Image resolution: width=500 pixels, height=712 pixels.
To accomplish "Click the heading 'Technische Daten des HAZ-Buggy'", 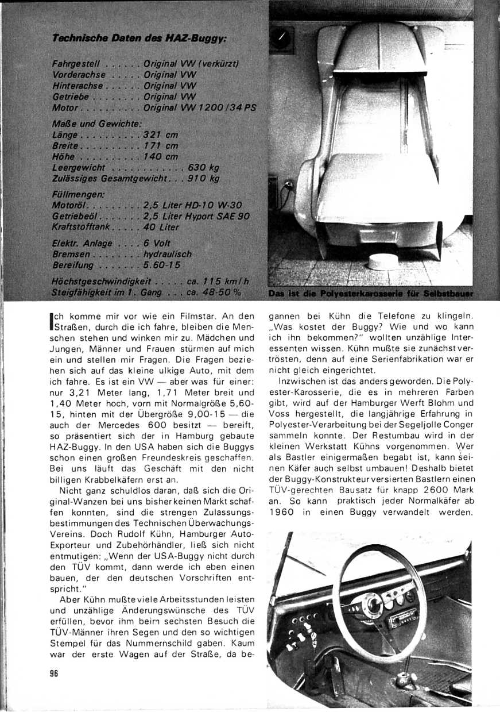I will tap(140, 39).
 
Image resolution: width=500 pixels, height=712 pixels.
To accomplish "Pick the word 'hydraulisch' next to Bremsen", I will tap(168, 254).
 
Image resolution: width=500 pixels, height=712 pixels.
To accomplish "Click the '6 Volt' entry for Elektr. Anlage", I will tap(157, 243).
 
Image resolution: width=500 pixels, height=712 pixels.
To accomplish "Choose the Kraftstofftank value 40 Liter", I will tap(162, 227).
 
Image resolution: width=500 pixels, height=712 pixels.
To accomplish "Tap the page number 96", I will tap(55, 674).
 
